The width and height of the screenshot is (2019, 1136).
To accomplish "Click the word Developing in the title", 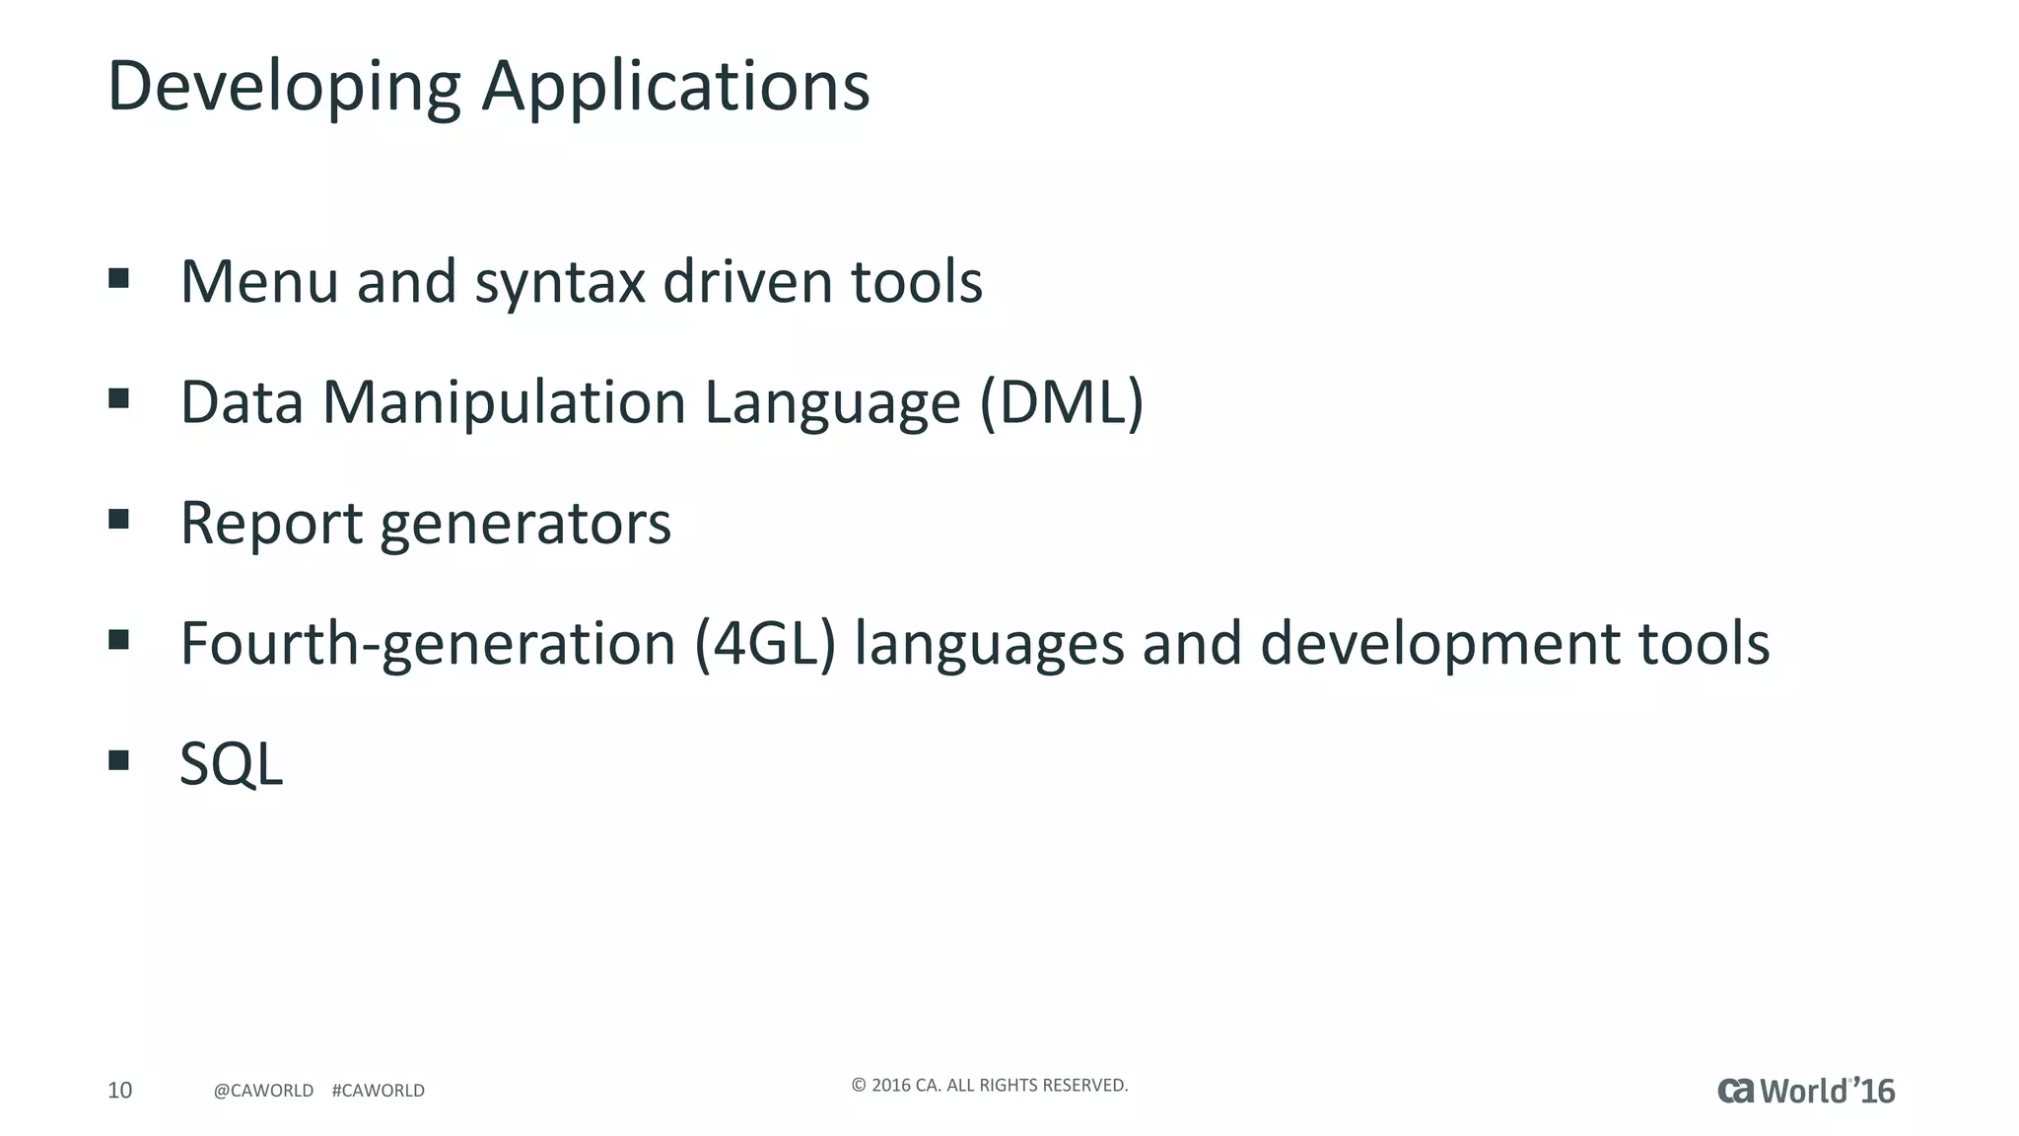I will [x=284, y=87].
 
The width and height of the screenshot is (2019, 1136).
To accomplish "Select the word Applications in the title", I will [x=675, y=87].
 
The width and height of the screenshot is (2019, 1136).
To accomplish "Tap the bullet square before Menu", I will [x=119, y=278].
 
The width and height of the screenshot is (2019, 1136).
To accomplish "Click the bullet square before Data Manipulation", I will [x=119, y=398].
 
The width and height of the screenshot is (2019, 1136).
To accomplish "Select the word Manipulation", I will [x=504, y=402].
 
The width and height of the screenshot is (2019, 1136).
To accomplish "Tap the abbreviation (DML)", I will [x=1062, y=402].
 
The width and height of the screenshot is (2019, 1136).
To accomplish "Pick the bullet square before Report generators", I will [x=119, y=519].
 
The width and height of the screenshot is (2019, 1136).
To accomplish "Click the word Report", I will [x=271, y=523].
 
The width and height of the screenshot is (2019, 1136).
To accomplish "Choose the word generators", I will [x=525, y=525].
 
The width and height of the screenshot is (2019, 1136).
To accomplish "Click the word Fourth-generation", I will [x=428, y=644].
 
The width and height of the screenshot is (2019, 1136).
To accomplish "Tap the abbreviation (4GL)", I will [x=765, y=644].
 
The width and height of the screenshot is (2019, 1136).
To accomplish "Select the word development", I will [x=1440, y=644].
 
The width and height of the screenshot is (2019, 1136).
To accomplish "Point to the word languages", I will [x=989, y=644].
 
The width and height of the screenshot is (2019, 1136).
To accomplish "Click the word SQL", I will [x=232, y=764].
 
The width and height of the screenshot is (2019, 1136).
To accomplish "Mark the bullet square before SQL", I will [x=119, y=759].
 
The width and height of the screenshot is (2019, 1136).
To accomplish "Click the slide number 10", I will [x=119, y=1090].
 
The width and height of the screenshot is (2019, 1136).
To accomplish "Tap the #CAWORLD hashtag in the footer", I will [x=379, y=1091].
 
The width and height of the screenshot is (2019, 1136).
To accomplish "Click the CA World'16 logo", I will [x=1806, y=1091].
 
